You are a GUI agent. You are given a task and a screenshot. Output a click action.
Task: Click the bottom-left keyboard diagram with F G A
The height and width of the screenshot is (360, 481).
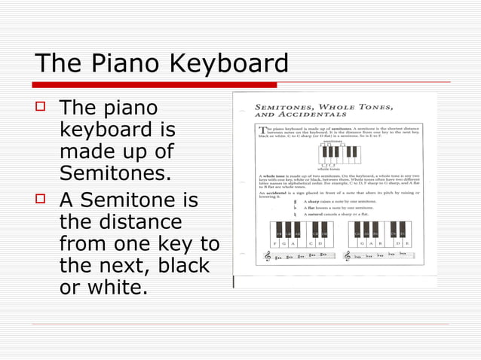pos(300,233)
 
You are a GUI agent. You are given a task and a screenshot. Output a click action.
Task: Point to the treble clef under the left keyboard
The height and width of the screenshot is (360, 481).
pos(268,257)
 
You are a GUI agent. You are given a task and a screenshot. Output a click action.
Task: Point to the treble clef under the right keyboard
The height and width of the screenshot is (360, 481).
pos(348,257)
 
